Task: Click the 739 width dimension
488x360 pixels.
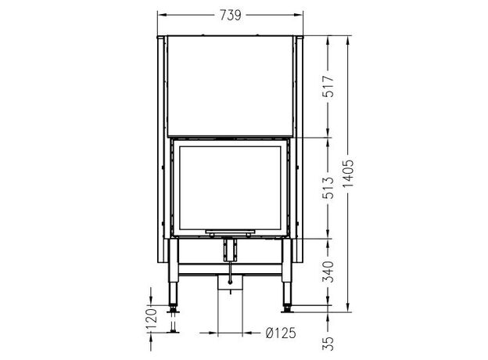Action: coord(230,15)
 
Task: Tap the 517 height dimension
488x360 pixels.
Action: coord(328,86)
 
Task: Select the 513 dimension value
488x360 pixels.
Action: coord(328,188)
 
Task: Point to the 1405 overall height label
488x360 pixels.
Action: coord(348,173)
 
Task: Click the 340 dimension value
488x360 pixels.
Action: coord(328,272)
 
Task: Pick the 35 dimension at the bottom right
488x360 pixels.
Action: coord(328,344)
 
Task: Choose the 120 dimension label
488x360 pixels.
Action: coord(151,319)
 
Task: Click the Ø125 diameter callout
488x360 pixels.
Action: coord(281,333)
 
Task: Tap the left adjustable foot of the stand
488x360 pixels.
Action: coord(173,310)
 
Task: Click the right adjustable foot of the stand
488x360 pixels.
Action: coord(287,310)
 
